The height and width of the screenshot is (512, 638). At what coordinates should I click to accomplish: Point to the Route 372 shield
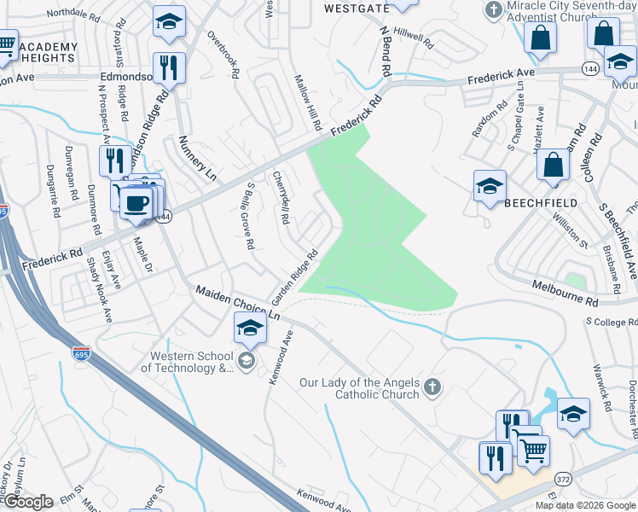[563, 480]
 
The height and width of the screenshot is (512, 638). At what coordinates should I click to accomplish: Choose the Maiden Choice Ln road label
[238, 302]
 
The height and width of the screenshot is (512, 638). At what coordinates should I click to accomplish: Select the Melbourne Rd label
[564, 295]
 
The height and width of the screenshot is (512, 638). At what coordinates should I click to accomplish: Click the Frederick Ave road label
[501, 76]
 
